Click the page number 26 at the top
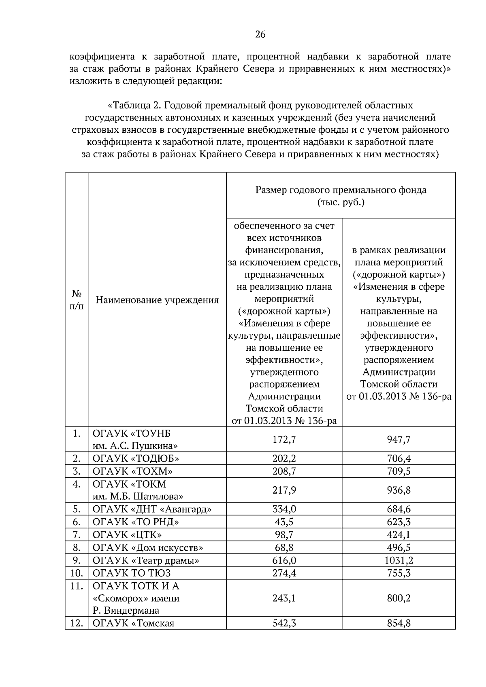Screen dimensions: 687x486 pyautogui.click(x=260, y=35)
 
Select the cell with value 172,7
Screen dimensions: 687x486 pyautogui.click(x=284, y=439)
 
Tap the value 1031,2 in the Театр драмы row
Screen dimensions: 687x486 pyautogui.click(x=399, y=560)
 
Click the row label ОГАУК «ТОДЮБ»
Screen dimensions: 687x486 pyautogui.click(x=136, y=458)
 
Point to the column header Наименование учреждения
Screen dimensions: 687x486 pyautogui.click(x=157, y=300)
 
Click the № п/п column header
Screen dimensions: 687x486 pyautogui.click(x=77, y=299)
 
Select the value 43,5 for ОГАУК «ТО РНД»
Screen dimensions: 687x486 pyautogui.click(x=284, y=522)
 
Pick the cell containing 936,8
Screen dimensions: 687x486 pyautogui.click(x=399, y=490)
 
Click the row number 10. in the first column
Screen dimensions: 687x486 pyautogui.click(x=77, y=573)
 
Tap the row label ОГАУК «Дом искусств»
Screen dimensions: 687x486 pyautogui.click(x=148, y=548)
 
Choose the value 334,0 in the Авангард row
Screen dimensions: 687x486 pyautogui.click(x=284, y=509)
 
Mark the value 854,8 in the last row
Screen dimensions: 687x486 pyautogui.click(x=399, y=623)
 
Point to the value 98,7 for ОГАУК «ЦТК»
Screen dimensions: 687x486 pyautogui.click(x=284, y=535)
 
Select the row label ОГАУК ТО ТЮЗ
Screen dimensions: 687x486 pyautogui.click(x=132, y=573)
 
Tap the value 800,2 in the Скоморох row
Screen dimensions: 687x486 pyautogui.click(x=399, y=598)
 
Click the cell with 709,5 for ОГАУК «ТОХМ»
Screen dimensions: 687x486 pyautogui.click(x=399, y=471)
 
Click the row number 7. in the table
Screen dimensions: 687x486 pyautogui.click(x=77, y=535)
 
